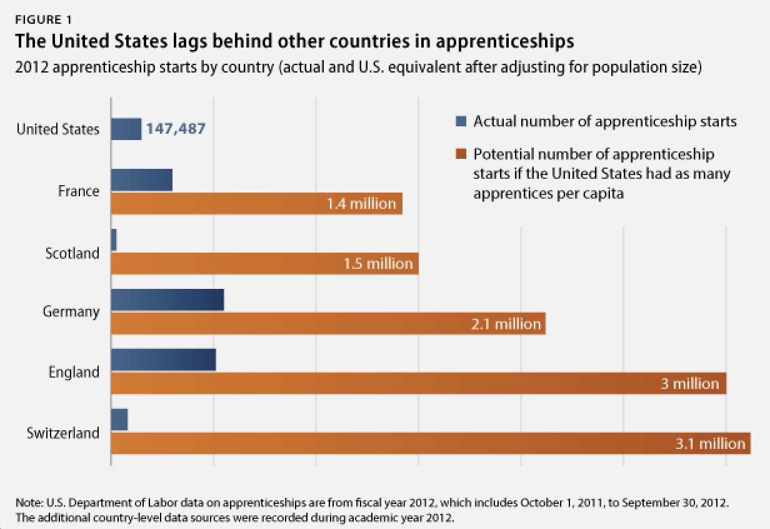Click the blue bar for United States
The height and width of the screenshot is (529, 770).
pyautogui.click(x=126, y=129)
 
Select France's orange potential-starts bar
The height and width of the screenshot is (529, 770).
pyautogui.click(x=256, y=204)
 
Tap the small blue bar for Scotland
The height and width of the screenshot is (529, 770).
pyautogui.click(x=114, y=241)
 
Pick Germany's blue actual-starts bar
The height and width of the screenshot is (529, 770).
pyautogui.click(x=167, y=300)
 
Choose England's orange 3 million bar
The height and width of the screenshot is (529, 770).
pyautogui.click(x=418, y=383)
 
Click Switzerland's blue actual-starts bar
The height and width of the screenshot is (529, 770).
pyautogui.click(x=119, y=420)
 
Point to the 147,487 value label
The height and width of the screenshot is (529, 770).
pyautogui.click(x=176, y=129)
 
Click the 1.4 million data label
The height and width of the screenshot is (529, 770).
pyautogui.click(x=361, y=204)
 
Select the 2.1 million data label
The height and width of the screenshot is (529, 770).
pyautogui.click(x=505, y=324)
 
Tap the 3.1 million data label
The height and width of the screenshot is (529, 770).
pyautogui.click(x=710, y=443)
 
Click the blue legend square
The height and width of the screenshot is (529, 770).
pyautogui.click(x=462, y=122)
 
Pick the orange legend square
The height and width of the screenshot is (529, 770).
pyautogui.click(x=462, y=154)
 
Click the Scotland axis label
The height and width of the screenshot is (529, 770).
pyautogui.click(x=72, y=253)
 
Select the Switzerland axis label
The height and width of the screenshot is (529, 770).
pyautogui.click(x=63, y=433)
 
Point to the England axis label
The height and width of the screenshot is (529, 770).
pyautogui.click(x=74, y=373)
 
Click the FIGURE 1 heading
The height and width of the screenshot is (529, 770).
pyautogui.click(x=43, y=19)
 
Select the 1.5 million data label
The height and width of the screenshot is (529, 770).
pyautogui.click(x=378, y=264)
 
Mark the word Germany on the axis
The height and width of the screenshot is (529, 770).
pyautogui.click(x=71, y=311)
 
